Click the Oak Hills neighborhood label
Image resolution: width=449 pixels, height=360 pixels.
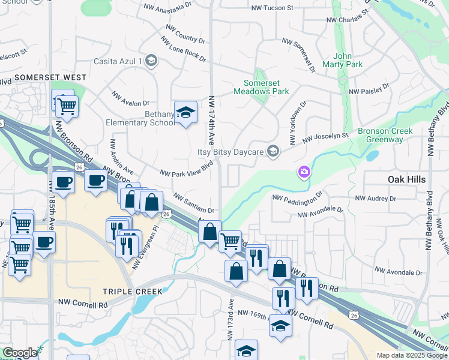(x=406, y=179)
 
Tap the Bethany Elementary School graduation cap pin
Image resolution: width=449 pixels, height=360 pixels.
(x=186, y=112)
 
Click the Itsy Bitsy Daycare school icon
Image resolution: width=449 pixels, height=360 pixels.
(x=273, y=151)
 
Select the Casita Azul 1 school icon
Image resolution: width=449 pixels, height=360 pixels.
(x=151, y=61)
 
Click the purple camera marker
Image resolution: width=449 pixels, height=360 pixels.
(x=304, y=173)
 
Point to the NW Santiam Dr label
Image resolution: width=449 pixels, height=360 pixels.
(x=194, y=203)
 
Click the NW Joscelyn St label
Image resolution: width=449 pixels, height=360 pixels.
(x=325, y=139)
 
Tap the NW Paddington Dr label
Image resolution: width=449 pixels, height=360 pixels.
(x=297, y=198)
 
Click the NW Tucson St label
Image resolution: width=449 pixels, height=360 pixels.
(x=272, y=8)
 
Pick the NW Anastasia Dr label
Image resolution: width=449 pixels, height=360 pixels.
(x=167, y=9)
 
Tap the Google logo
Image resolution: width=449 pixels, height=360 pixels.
(x=19, y=353)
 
